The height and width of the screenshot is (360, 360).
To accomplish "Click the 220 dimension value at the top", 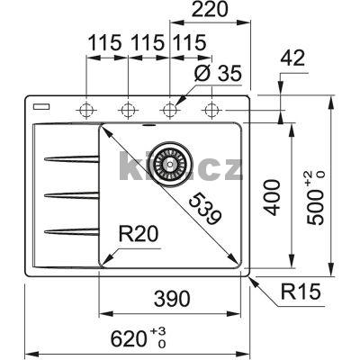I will pos(208,11).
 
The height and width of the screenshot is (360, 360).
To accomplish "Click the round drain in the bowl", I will pos(167,163).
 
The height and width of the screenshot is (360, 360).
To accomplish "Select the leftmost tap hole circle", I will pos(87,110).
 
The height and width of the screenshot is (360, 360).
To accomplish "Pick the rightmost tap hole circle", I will pos(212,110).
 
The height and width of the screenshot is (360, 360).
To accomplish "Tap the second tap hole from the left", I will pos(129,110).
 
